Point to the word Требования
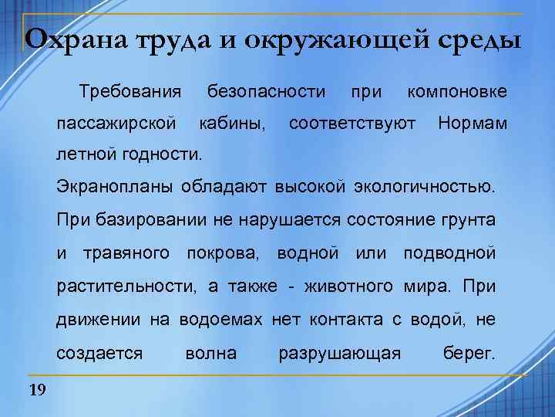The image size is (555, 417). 130,93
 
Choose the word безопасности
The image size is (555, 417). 267,93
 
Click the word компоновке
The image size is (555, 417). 457,93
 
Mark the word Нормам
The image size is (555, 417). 473,122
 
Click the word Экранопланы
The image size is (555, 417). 116,186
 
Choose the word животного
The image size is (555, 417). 353,286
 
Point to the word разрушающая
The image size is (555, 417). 340,353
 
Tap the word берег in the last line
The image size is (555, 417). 469,353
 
